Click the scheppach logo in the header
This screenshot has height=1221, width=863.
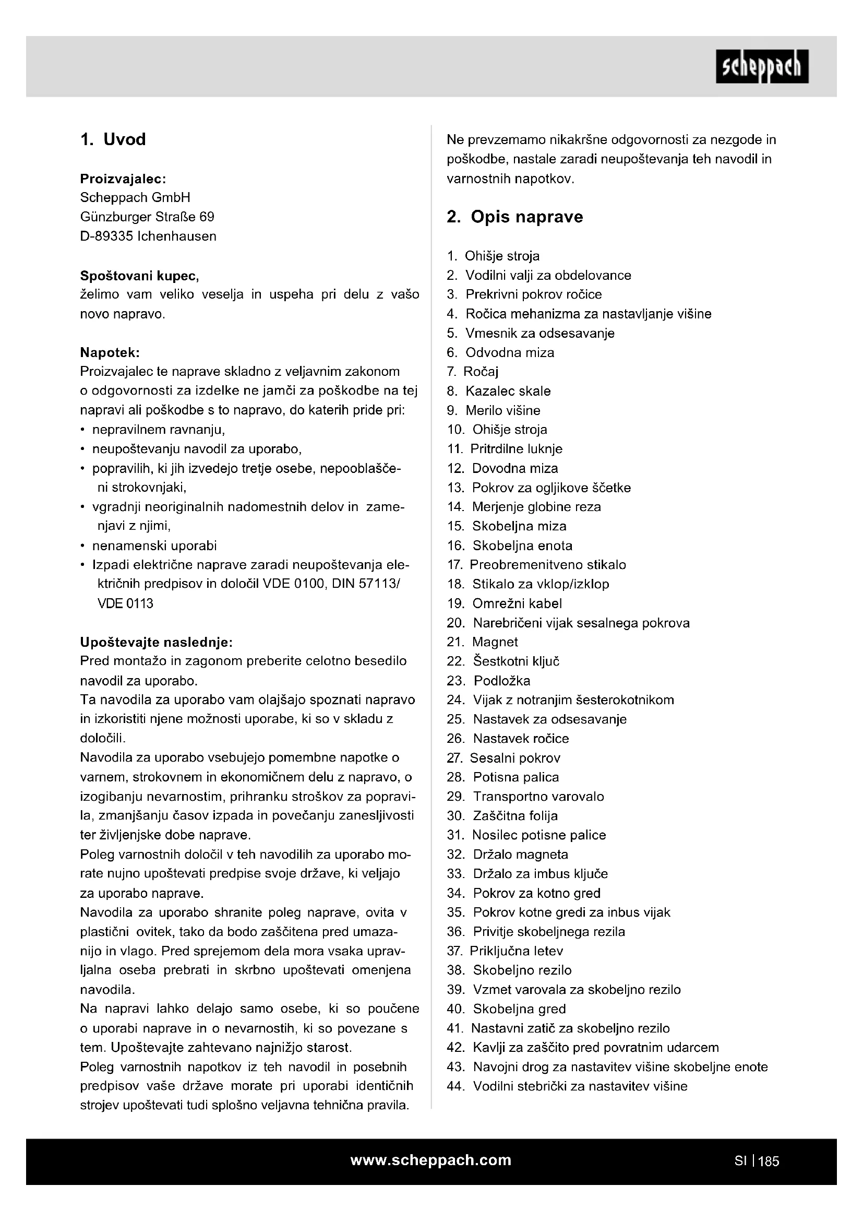click(x=761, y=67)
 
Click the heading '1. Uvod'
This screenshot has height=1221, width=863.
click(x=113, y=139)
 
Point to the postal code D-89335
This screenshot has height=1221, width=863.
click(x=106, y=236)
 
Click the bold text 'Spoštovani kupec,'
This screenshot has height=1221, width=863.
click(x=140, y=276)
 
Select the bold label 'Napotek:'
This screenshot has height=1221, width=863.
click(x=110, y=352)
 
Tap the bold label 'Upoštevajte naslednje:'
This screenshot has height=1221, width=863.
click(x=156, y=643)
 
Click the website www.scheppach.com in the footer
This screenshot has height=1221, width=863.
click(x=430, y=1160)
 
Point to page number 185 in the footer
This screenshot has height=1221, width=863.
click(x=769, y=1161)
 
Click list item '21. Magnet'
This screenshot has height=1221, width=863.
click(x=482, y=642)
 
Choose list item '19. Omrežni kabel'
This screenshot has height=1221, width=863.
click(x=504, y=603)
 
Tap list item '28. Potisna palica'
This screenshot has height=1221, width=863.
click(x=502, y=777)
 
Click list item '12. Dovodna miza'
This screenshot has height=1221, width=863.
click(x=502, y=468)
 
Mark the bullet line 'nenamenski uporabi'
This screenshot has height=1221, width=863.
click(x=154, y=546)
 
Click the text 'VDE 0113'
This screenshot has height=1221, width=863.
click(x=125, y=603)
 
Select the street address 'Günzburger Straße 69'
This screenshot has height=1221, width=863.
click(x=147, y=217)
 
